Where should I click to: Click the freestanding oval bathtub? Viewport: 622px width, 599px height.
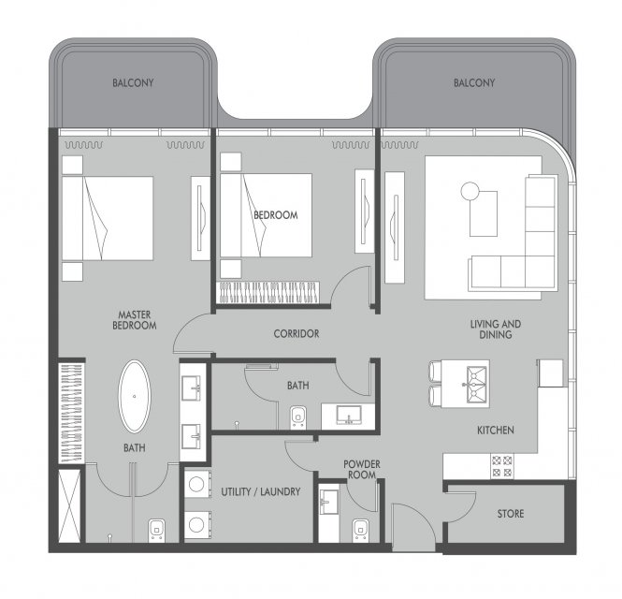(135, 396)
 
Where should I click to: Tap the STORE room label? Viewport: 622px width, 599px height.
(511, 514)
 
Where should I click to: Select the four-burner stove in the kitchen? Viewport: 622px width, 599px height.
(501, 466)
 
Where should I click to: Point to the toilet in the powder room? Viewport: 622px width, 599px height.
(361, 531)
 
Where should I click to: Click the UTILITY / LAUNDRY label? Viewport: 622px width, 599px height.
(261, 491)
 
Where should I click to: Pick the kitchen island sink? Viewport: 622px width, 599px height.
(476, 385)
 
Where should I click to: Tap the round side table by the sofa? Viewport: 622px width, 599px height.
(470, 191)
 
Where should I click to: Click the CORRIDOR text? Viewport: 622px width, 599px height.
(297, 333)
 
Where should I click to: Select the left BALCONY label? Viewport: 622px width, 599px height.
(133, 83)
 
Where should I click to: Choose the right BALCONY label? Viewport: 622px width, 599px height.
(474, 83)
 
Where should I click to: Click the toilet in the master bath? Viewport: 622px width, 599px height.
(157, 531)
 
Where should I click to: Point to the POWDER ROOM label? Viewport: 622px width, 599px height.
(362, 469)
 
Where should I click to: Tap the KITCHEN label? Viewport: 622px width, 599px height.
(496, 430)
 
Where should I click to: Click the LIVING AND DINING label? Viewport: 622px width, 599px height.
(496, 329)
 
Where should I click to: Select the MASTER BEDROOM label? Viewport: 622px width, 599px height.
(135, 320)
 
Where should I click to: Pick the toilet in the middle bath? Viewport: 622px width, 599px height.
(298, 417)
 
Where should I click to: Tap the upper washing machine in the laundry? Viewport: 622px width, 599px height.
(197, 484)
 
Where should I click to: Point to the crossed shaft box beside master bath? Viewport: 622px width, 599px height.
(69, 505)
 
